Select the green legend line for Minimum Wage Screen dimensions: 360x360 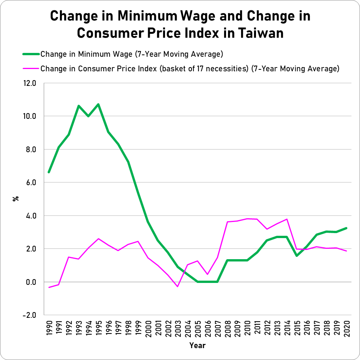29,54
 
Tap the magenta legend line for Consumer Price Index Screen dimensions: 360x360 29,69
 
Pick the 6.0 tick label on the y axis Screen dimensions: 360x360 30,182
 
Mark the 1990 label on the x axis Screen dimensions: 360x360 49,329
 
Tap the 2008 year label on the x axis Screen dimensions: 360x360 228,329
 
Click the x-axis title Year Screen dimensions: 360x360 197,345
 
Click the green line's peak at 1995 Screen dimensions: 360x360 99,104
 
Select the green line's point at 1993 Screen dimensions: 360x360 79,106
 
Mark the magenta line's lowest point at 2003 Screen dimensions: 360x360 178,286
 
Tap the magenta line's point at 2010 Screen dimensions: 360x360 247,219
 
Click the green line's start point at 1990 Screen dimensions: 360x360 49,172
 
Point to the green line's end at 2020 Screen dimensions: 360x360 347,228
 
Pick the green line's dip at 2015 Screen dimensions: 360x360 297,256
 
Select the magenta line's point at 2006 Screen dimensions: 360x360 208,274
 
